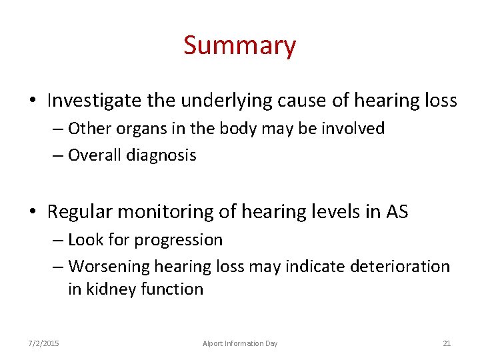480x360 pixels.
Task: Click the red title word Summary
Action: click(x=239, y=46)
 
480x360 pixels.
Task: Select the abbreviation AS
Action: click(x=397, y=213)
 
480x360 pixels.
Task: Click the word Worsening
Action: click(x=109, y=267)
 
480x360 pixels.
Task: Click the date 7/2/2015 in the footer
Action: click(x=43, y=343)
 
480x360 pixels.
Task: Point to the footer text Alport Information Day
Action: click(x=240, y=343)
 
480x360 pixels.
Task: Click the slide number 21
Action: click(x=447, y=343)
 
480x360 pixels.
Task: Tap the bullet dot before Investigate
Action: click(x=33, y=101)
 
